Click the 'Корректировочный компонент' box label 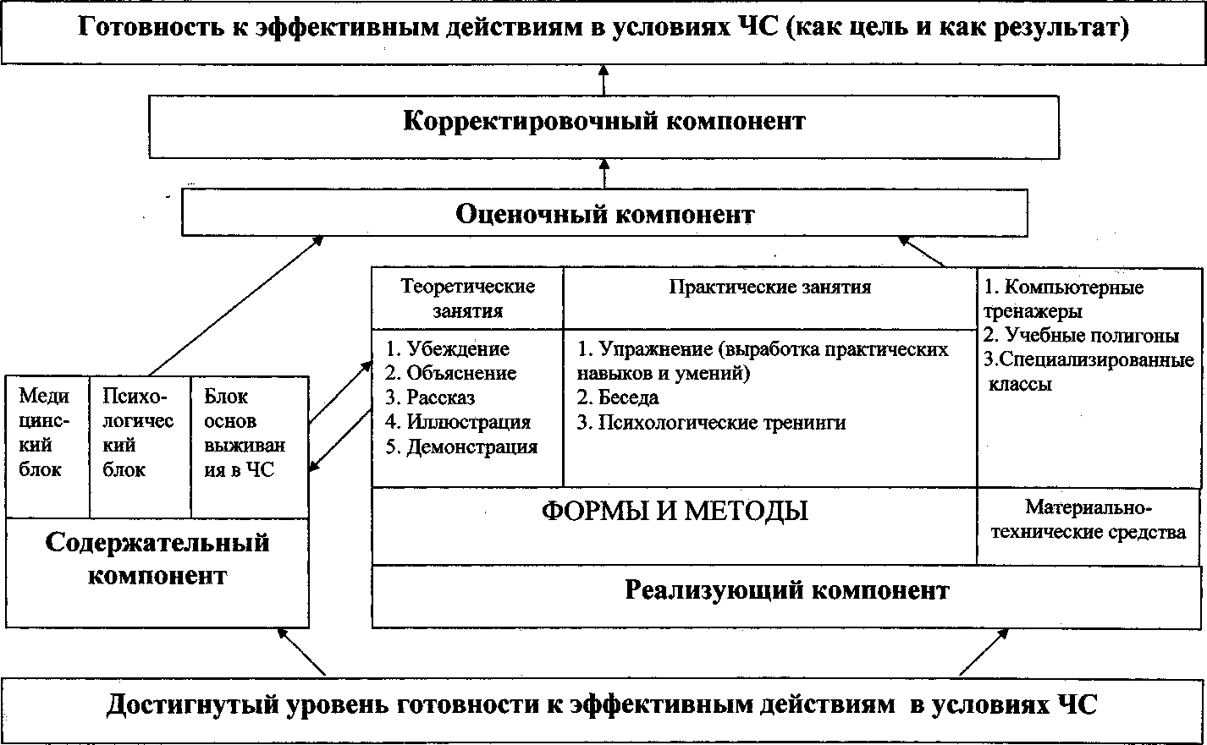[x=603, y=121]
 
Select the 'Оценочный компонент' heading [x=604, y=214]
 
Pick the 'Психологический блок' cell [x=138, y=432]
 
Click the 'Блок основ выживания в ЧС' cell [x=245, y=432]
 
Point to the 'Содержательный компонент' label [x=157, y=558]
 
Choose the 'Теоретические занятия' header [x=468, y=299]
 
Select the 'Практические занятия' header [x=769, y=287]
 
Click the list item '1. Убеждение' [x=448, y=348]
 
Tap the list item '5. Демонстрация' [x=461, y=447]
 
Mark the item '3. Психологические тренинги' [x=711, y=422]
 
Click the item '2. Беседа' [x=618, y=397]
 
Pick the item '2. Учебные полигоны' [x=1081, y=336]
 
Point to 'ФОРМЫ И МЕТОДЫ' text [x=674, y=511]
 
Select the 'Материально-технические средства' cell [x=1089, y=520]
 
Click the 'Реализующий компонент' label [x=786, y=589]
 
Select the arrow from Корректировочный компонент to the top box [x=603, y=79]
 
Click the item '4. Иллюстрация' [x=458, y=422]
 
